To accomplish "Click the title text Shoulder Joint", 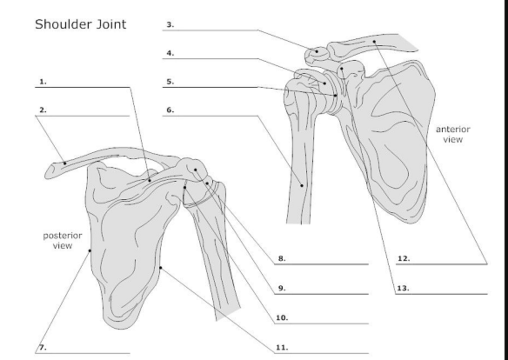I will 80,24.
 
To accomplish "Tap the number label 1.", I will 42,81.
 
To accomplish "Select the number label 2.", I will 42,110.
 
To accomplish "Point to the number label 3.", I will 170,25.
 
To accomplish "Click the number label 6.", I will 170,110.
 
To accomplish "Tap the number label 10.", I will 282,318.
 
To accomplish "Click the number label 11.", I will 282,348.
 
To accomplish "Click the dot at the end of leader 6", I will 302,185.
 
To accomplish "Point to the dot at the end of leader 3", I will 317,51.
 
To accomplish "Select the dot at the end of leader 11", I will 160,268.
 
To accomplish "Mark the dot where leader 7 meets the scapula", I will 90,250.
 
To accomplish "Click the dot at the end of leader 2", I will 65,163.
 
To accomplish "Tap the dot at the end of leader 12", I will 374,42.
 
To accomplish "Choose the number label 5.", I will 170,81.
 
